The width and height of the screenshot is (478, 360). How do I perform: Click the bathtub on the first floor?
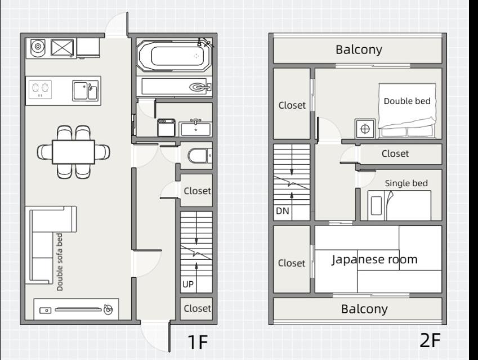[x=174, y=56]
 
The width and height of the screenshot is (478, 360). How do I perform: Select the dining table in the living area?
[x=73, y=152]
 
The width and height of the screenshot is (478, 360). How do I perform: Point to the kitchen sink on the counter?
[x=85, y=91]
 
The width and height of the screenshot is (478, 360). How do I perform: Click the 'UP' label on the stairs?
[x=188, y=284]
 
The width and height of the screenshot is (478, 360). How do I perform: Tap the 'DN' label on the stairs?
[x=282, y=211]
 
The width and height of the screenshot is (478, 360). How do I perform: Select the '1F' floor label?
[x=198, y=342]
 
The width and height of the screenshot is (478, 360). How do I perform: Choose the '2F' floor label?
[x=430, y=340]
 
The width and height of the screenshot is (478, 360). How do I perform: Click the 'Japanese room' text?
[x=374, y=259]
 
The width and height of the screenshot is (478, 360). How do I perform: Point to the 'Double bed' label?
[x=407, y=101]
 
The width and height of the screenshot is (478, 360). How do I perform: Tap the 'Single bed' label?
[x=406, y=183]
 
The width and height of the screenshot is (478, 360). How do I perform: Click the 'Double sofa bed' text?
[x=60, y=262]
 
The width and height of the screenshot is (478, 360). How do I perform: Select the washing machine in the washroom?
[x=166, y=127]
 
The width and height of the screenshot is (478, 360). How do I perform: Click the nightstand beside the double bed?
[x=365, y=128]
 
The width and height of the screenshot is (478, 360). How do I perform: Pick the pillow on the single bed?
[x=377, y=205]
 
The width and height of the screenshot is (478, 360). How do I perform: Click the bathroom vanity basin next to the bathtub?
[x=200, y=87]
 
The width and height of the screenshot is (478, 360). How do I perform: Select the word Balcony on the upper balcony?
[x=359, y=49]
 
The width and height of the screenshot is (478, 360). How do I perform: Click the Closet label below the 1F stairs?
[x=197, y=308]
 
